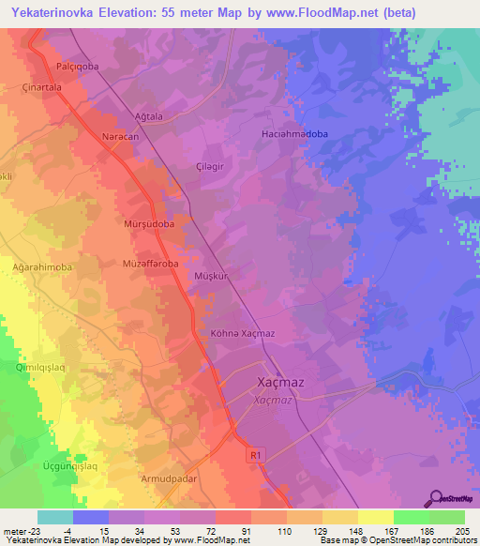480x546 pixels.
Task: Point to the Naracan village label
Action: [119, 137]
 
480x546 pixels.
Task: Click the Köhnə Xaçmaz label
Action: [241, 333]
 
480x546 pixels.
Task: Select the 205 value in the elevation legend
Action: [463, 531]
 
